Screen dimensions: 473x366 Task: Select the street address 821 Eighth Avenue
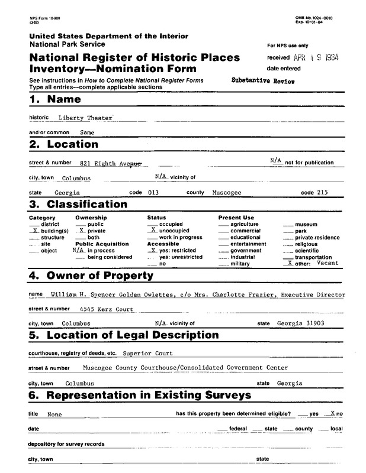pos(110,163)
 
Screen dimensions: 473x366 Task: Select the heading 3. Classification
pos(78,205)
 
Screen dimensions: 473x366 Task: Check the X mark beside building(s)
pos(34,231)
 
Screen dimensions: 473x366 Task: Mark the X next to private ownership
pos(82,231)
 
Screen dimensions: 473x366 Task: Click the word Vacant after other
pos(326,263)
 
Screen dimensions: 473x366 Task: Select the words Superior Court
pos(147,354)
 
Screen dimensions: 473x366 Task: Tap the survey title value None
pos(54,414)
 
